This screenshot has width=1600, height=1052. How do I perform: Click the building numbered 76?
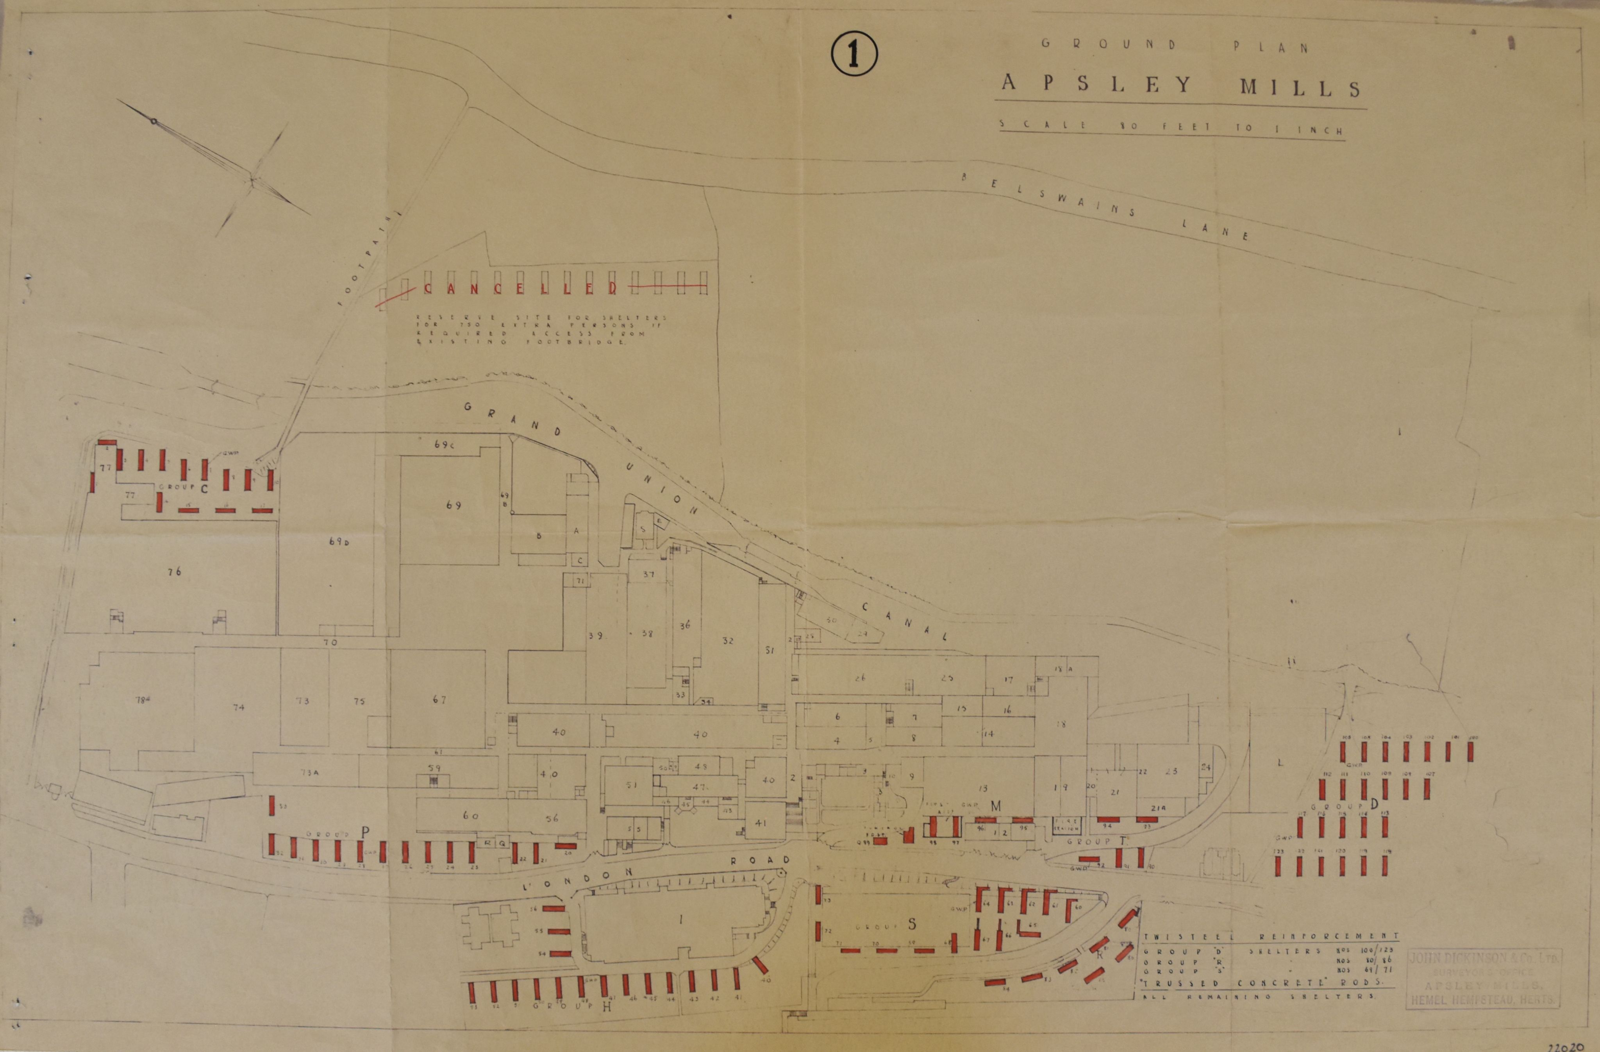[x=175, y=572]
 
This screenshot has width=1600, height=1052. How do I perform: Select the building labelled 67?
[x=440, y=699]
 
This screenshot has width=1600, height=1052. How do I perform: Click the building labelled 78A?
[x=142, y=699]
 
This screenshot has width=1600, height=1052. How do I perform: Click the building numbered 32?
[x=727, y=641]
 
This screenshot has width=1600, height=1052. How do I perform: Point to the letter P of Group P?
[x=365, y=832]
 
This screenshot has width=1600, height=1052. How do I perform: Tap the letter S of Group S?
[x=912, y=924]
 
